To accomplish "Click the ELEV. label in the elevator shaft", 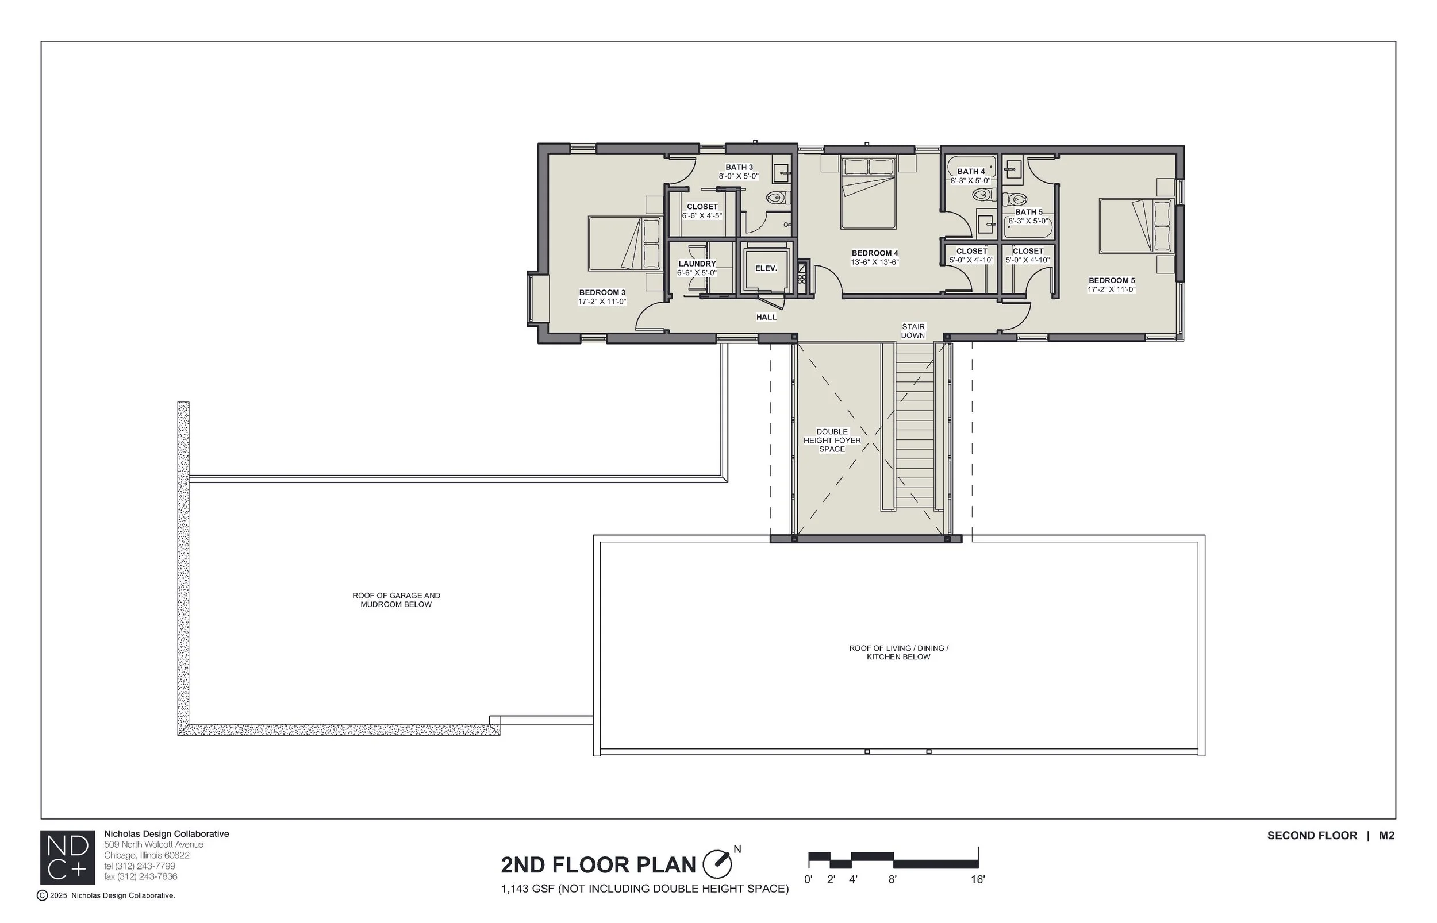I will (765, 268).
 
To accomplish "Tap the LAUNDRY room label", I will (697, 264).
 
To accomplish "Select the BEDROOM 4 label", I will (874, 253).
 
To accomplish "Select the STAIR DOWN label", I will (913, 331).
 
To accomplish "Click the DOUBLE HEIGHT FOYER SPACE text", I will (832, 440).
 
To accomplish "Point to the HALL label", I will (766, 317).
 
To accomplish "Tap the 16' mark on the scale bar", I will (978, 880).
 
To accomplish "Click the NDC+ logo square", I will (67, 857).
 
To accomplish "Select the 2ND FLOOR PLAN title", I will (598, 865).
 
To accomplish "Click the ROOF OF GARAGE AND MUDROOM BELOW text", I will (396, 600).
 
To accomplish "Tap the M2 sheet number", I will (1386, 836).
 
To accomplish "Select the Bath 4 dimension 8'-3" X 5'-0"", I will (970, 180).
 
